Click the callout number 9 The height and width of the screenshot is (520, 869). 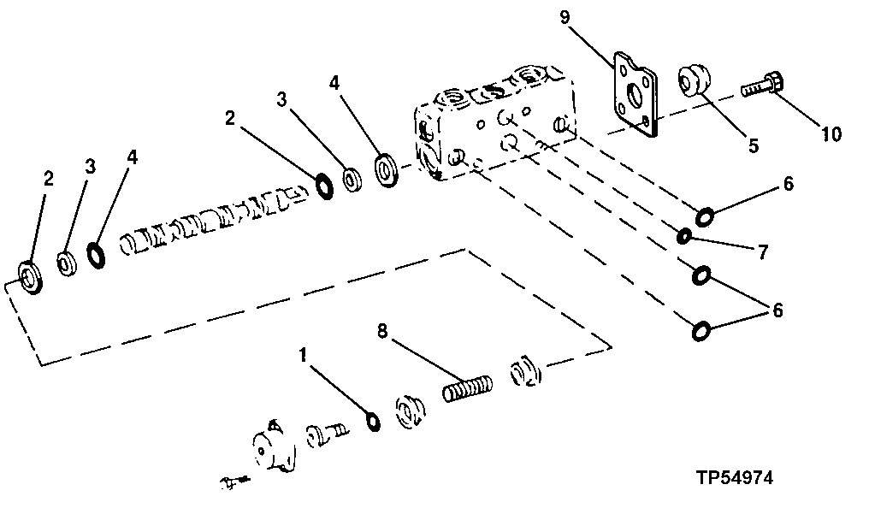(565, 18)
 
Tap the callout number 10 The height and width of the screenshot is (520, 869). (831, 134)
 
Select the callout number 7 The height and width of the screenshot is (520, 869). (763, 252)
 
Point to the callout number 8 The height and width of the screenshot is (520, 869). (382, 331)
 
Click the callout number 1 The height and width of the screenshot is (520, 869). (303, 355)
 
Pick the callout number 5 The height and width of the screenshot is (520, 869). (754, 145)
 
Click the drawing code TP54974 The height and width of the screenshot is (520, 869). (735, 477)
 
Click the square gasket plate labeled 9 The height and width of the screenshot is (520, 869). (635, 95)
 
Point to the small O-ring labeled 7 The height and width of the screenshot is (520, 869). (684, 237)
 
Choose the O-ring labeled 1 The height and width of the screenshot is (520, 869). (374, 422)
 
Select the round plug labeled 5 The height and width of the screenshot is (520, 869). (694, 80)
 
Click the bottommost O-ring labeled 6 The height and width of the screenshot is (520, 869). (701, 330)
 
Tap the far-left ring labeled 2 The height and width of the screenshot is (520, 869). (31, 276)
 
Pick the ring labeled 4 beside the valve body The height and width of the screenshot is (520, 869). (387, 170)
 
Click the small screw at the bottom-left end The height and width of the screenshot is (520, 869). (234, 482)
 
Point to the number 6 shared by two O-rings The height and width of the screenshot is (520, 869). (777, 310)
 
